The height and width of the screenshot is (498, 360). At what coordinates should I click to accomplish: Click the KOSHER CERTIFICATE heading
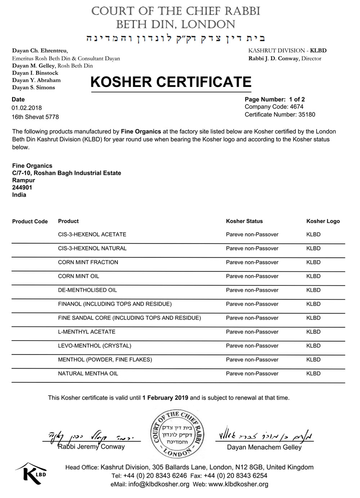(171, 82)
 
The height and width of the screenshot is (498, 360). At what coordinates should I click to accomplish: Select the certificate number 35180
(307, 115)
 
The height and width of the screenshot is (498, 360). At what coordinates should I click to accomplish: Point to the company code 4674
(297, 107)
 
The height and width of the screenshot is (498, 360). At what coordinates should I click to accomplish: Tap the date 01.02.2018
(27, 108)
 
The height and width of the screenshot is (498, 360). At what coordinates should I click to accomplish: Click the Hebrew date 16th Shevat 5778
(35, 117)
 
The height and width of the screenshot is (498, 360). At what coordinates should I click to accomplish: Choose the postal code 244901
(22, 187)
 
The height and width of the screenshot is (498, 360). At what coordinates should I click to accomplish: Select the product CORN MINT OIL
(78, 276)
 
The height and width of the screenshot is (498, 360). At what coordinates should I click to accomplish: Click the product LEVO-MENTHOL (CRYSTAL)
(94, 346)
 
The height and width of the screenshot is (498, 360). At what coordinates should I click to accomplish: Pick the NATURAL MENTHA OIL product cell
(88, 374)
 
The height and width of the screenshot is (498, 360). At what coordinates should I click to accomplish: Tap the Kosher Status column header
(244, 221)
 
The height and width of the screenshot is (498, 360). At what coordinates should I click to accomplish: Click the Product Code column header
(30, 222)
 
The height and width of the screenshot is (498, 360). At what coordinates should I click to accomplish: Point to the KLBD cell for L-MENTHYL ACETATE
(313, 332)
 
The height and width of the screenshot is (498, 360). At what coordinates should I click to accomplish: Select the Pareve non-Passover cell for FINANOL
(252, 304)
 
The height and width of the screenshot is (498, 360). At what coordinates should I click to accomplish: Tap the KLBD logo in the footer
(31, 473)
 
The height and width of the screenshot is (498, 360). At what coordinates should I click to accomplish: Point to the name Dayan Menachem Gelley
(264, 447)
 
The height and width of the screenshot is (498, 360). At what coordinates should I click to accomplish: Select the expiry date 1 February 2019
(165, 398)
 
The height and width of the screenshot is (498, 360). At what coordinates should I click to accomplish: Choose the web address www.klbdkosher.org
(238, 484)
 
